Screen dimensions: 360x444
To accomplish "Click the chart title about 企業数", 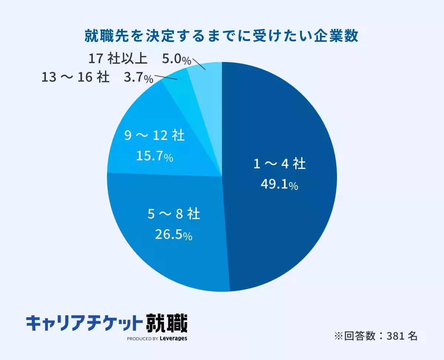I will [x=222, y=37].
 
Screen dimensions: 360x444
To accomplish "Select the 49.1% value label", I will [x=279, y=184].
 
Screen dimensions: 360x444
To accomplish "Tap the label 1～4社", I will [x=279, y=164].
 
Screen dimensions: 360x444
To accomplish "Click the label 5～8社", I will [x=174, y=214].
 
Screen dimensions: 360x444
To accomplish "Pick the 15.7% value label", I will [x=155, y=156].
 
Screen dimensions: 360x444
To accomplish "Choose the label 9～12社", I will [x=154, y=136].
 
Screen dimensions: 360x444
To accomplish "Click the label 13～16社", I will [x=75, y=77].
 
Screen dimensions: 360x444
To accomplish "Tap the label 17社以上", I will [x=118, y=59].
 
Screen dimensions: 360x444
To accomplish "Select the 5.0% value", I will [x=176, y=60].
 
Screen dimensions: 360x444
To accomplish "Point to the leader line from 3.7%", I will [x=166, y=77].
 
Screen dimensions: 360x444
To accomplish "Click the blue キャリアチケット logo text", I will [x=84, y=323].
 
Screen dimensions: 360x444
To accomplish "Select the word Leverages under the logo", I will [x=174, y=338].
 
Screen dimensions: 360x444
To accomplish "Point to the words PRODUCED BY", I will [x=143, y=339].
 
